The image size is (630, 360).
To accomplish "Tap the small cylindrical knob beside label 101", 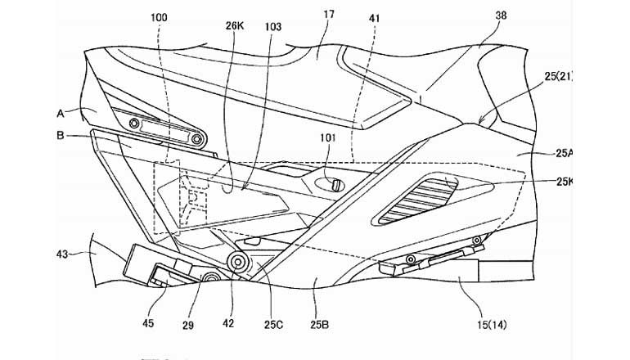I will (333, 186).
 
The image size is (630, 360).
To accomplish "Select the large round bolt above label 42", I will (239, 263).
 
